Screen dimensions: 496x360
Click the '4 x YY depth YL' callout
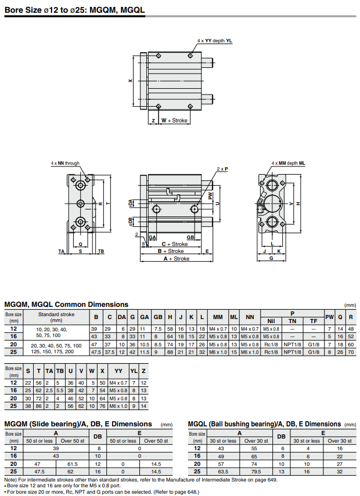click(x=214, y=41)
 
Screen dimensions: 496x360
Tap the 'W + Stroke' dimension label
click(x=174, y=121)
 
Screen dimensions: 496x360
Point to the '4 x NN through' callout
click(x=64, y=164)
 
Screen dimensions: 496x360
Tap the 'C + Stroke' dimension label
click(x=174, y=244)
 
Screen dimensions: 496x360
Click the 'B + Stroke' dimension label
click(x=171, y=251)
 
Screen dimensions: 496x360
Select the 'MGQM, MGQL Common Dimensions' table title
click(x=66, y=304)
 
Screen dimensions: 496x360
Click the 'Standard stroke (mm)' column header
click(x=56, y=317)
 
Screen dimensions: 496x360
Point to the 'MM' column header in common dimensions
click(x=218, y=317)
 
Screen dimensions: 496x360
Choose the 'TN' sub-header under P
click(x=292, y=320)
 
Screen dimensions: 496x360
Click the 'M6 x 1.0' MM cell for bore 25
click(x=218, y=352)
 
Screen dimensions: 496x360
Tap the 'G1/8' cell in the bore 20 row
click(x=314, y=345)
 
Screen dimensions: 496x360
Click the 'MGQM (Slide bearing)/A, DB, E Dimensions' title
click(x=78, y=424)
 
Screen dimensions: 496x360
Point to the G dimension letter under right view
click(x=271, y=259)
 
